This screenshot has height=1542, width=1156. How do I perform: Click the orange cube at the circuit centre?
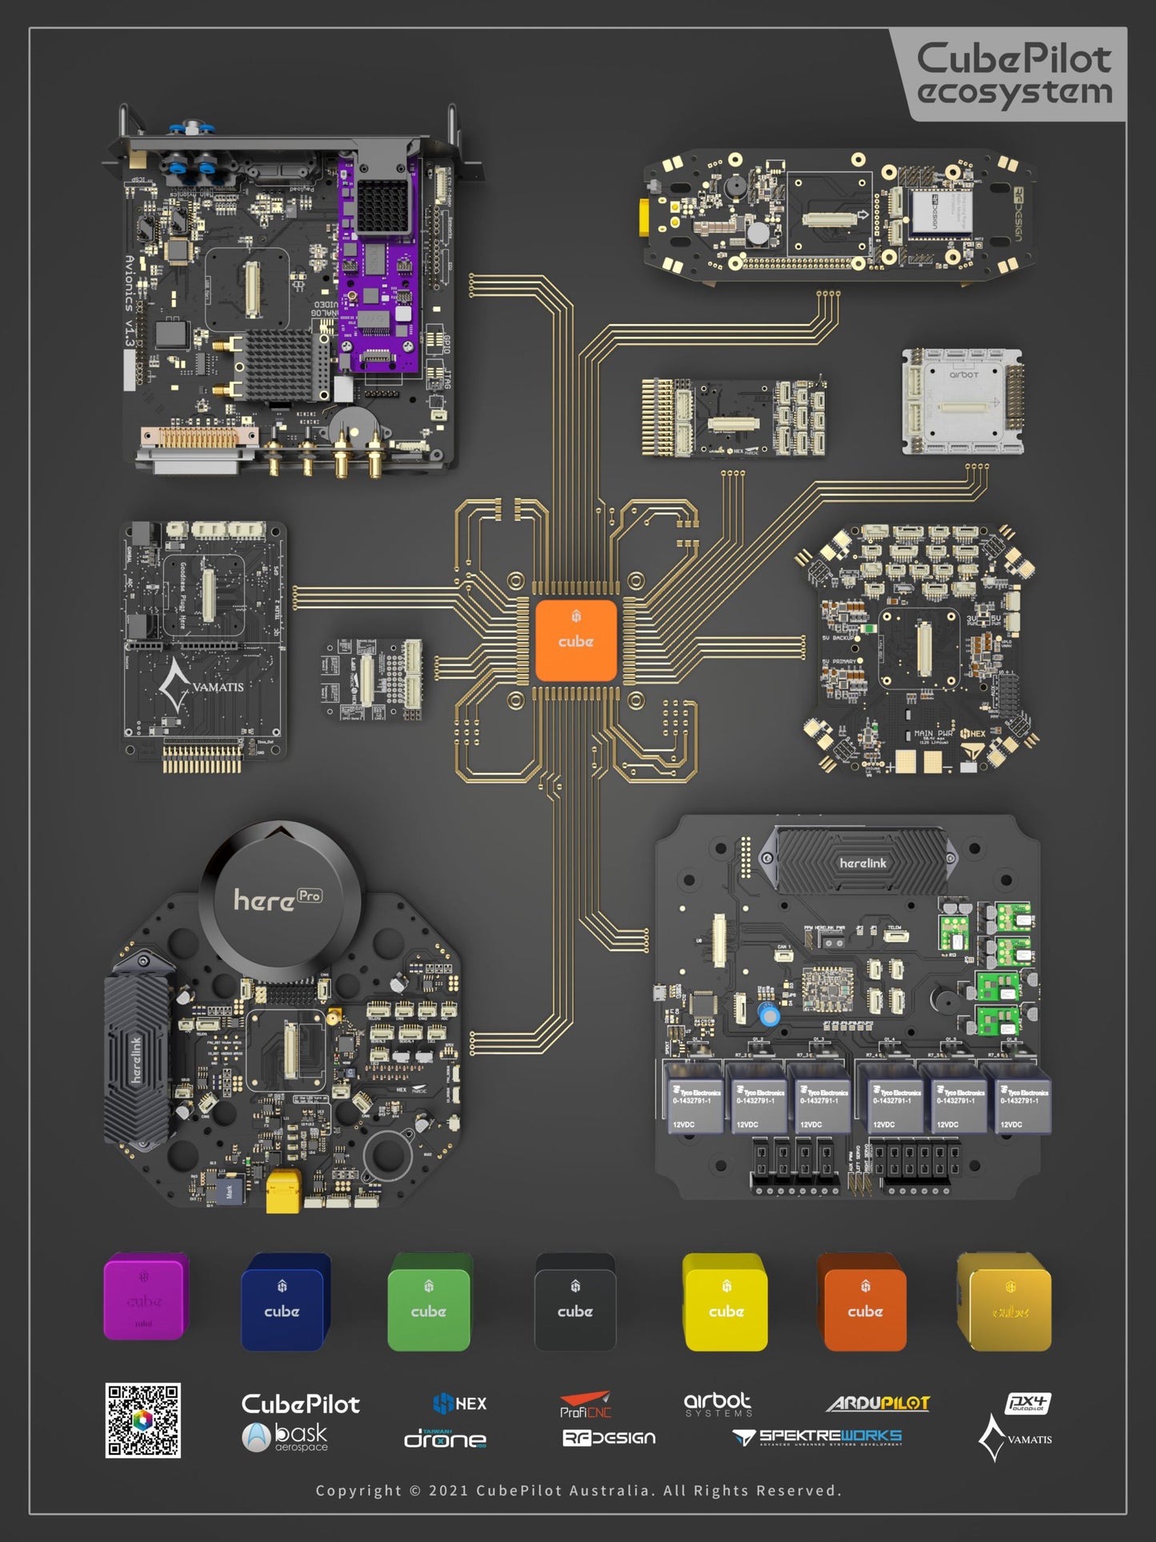tap(575, 640)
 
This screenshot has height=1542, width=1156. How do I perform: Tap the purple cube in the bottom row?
tap(145, 1296)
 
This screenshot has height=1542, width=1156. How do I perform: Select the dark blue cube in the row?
tap(284, 1303)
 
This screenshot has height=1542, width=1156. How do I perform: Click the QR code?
tap(143, 1420)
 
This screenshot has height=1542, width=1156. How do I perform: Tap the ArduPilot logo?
tap(878, 1403)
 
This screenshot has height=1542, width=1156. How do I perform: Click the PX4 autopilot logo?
tap(1027, 1403)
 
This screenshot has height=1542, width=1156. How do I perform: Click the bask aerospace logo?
tap(286, 1436)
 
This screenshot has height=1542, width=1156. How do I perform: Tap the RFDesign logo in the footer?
tap(609, 1437)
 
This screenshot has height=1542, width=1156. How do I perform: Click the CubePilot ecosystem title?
tap(1014, 74)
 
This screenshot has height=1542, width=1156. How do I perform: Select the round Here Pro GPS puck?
tap(279, 899)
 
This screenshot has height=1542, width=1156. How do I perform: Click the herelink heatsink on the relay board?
tap(862, 863)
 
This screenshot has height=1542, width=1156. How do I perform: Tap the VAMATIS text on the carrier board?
tap(218, 687)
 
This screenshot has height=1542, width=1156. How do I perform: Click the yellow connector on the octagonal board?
tap(282, 1190)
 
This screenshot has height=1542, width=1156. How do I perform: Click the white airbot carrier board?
tap(963, 402)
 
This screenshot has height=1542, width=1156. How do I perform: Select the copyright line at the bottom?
tap(578, 1490)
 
